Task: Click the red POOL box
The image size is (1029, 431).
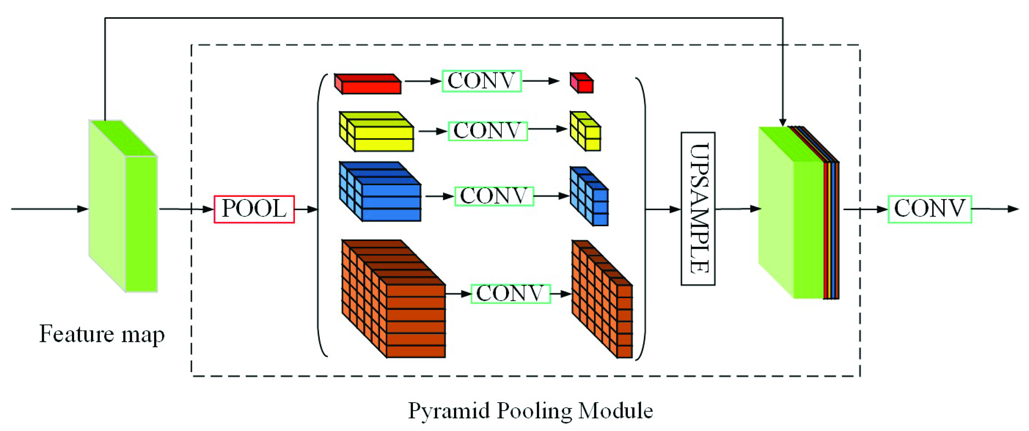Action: click(254, 209)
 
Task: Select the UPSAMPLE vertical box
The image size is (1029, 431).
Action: click(698, 209)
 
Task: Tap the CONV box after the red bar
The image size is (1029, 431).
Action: click(481, 81)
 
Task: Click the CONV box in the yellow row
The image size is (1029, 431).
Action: click(487, 131)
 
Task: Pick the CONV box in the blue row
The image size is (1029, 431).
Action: click(494, 196)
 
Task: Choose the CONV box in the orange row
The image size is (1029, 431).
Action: click(511, 294)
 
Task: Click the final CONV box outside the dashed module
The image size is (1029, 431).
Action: click(930, 209)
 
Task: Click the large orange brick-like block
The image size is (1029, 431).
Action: click(394, 299)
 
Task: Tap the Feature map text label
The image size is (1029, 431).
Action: click(102, 334)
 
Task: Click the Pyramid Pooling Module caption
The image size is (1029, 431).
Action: click(530, 411)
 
